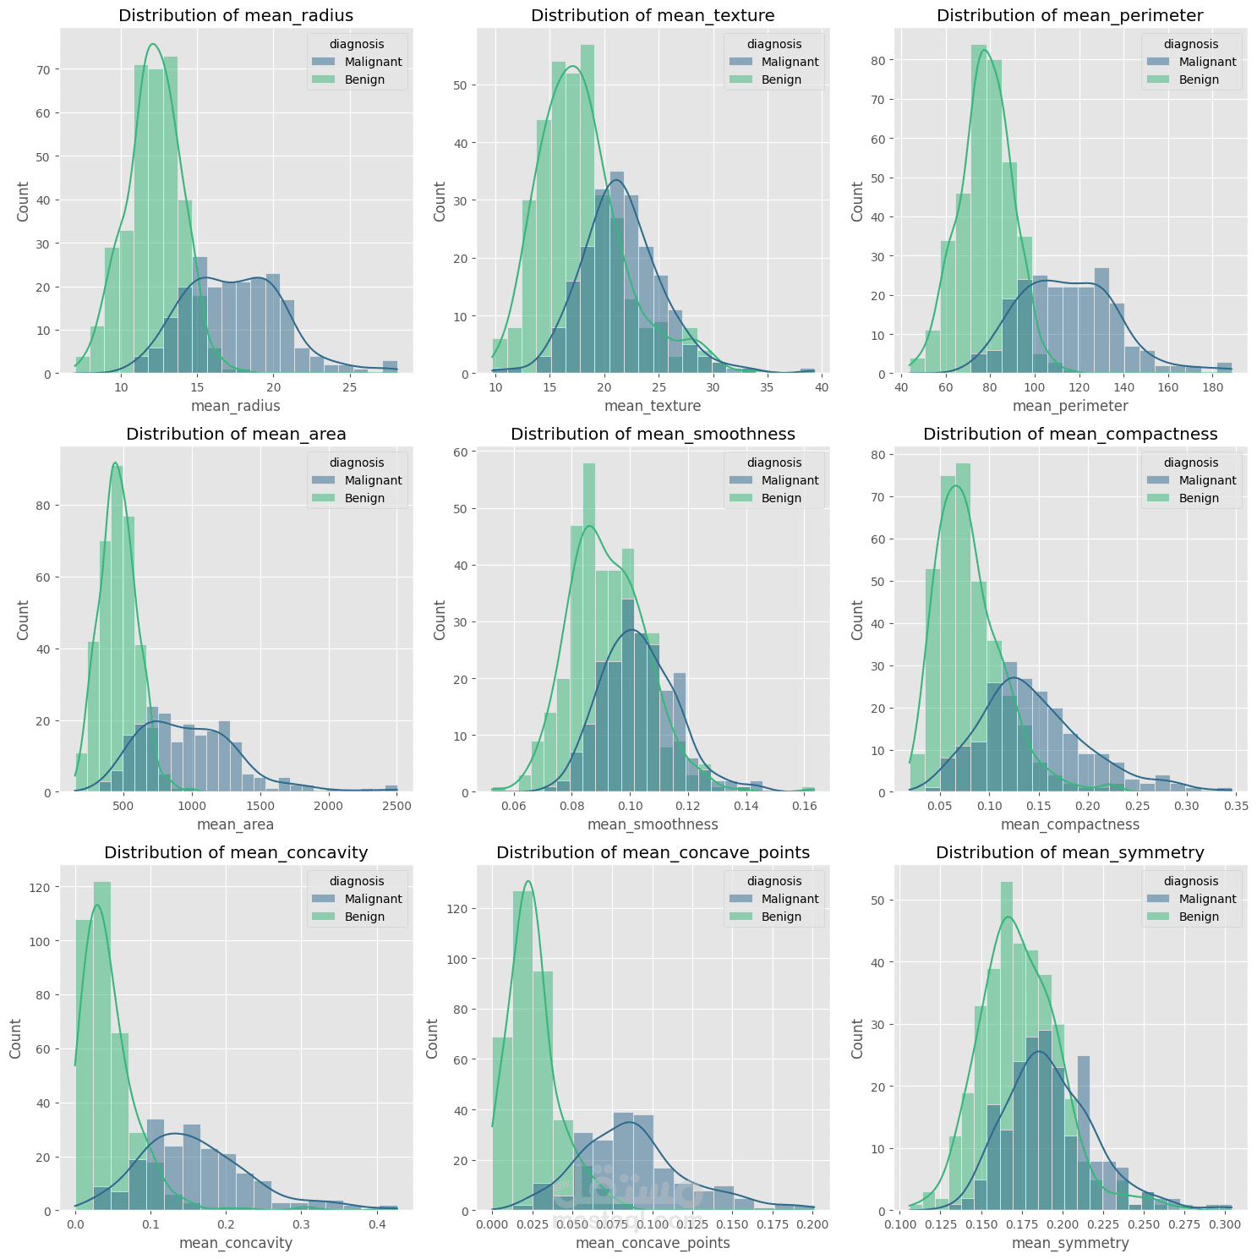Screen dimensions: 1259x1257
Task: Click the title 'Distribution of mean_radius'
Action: click(236, 15)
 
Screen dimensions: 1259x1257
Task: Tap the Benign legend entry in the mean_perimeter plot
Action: click(1199, 79)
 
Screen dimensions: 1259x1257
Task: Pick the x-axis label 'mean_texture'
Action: click(653, 406)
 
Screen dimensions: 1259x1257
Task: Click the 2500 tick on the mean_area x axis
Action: click(396, 807)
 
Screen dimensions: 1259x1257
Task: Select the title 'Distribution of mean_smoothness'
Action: click(653, 434)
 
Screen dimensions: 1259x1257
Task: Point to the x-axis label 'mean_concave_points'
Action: click(653, 1243)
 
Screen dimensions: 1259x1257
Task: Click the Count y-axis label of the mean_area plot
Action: click(23, 620)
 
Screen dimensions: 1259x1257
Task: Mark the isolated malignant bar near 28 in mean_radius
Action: click(390, 367)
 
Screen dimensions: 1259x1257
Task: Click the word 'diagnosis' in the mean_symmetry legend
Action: click(1191, 881)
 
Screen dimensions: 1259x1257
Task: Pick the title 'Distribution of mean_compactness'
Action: click(1070, 434)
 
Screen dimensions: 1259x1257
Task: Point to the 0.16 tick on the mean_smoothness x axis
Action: click(804, 807)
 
